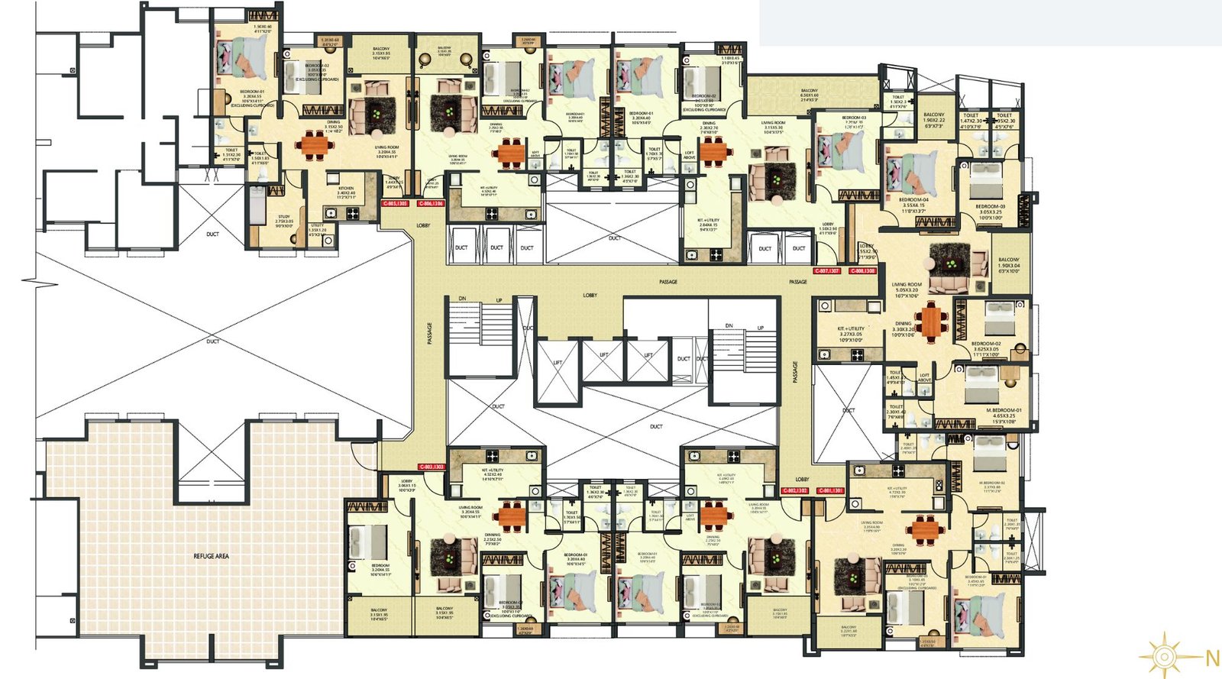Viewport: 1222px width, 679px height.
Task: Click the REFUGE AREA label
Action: coord(211,556)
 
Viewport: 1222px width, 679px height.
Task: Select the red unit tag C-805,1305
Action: coord(396,204)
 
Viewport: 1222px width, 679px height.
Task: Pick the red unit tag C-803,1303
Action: coord(432,467)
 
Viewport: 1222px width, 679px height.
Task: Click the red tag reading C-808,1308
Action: coord(863,271)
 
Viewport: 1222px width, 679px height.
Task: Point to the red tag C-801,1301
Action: coord(830,490)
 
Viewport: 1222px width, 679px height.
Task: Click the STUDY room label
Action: coord(283,221)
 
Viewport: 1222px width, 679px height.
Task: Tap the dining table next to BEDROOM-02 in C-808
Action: coord(929,322)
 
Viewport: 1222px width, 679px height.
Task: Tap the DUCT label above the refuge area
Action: coord(212,341)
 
